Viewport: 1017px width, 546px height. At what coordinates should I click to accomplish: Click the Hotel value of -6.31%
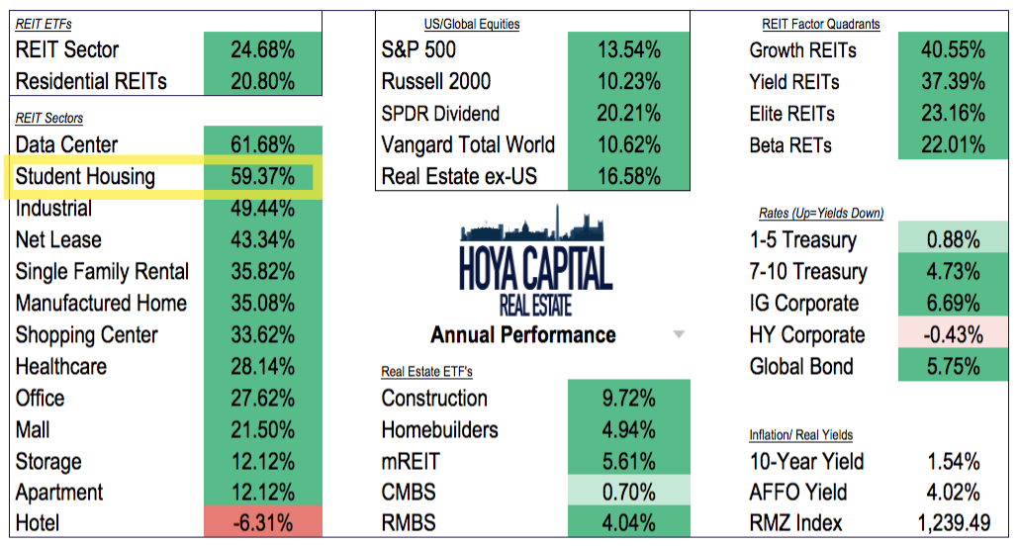point(262,523)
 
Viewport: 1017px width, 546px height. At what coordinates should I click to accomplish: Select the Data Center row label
point(66,145)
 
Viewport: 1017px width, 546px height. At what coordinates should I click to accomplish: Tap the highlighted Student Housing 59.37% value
point(262,177)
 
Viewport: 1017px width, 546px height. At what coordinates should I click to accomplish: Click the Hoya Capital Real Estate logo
point(535,263)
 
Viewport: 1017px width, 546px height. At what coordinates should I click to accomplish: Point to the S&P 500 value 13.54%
point(629,49)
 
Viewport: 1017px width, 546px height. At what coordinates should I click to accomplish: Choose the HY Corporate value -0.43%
point(953,335)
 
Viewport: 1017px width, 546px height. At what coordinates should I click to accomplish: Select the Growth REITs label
point(802,49)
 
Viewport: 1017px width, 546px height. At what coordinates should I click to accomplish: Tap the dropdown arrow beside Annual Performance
point(679,335)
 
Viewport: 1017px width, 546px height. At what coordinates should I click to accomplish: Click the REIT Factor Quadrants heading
point(820,24)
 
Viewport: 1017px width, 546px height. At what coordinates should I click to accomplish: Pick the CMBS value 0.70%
point(629,493)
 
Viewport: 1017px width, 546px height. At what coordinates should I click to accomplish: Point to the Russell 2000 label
point(435,81)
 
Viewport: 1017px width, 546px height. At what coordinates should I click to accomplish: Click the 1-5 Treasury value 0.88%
point(953,240)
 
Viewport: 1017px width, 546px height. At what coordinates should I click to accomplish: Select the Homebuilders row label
point(439,430)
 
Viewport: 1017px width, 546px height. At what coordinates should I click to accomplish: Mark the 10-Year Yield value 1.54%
point(953,461)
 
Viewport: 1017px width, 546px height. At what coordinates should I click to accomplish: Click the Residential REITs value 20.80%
point(262,81)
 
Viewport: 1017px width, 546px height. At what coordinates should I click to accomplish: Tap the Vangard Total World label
point(468,145)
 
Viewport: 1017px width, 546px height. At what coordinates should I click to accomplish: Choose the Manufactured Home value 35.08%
point(262,304)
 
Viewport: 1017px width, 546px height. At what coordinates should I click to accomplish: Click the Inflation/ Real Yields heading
point(800,434)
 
